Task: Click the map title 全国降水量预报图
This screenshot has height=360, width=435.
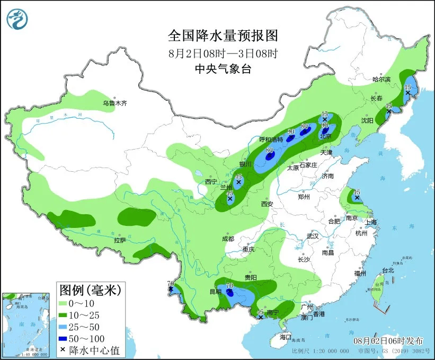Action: click(x=223, y=36)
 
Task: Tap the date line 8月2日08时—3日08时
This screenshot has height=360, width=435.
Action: click(x=223, y=53)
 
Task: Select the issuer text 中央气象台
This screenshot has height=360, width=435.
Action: click(x=223, y=68)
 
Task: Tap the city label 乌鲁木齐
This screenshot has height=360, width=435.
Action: click(x=115, y=103)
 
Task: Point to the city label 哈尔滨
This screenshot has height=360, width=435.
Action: click(x=381, y=80)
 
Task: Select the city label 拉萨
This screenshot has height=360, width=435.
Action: click(x=120, y=240)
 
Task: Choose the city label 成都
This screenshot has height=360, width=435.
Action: click(x=228, y=239)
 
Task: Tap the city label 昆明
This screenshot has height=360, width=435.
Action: click(x=215, y=292)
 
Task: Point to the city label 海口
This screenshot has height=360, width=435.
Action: click(x=286, y=337)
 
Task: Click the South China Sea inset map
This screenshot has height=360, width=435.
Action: click(x=26, y=325)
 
